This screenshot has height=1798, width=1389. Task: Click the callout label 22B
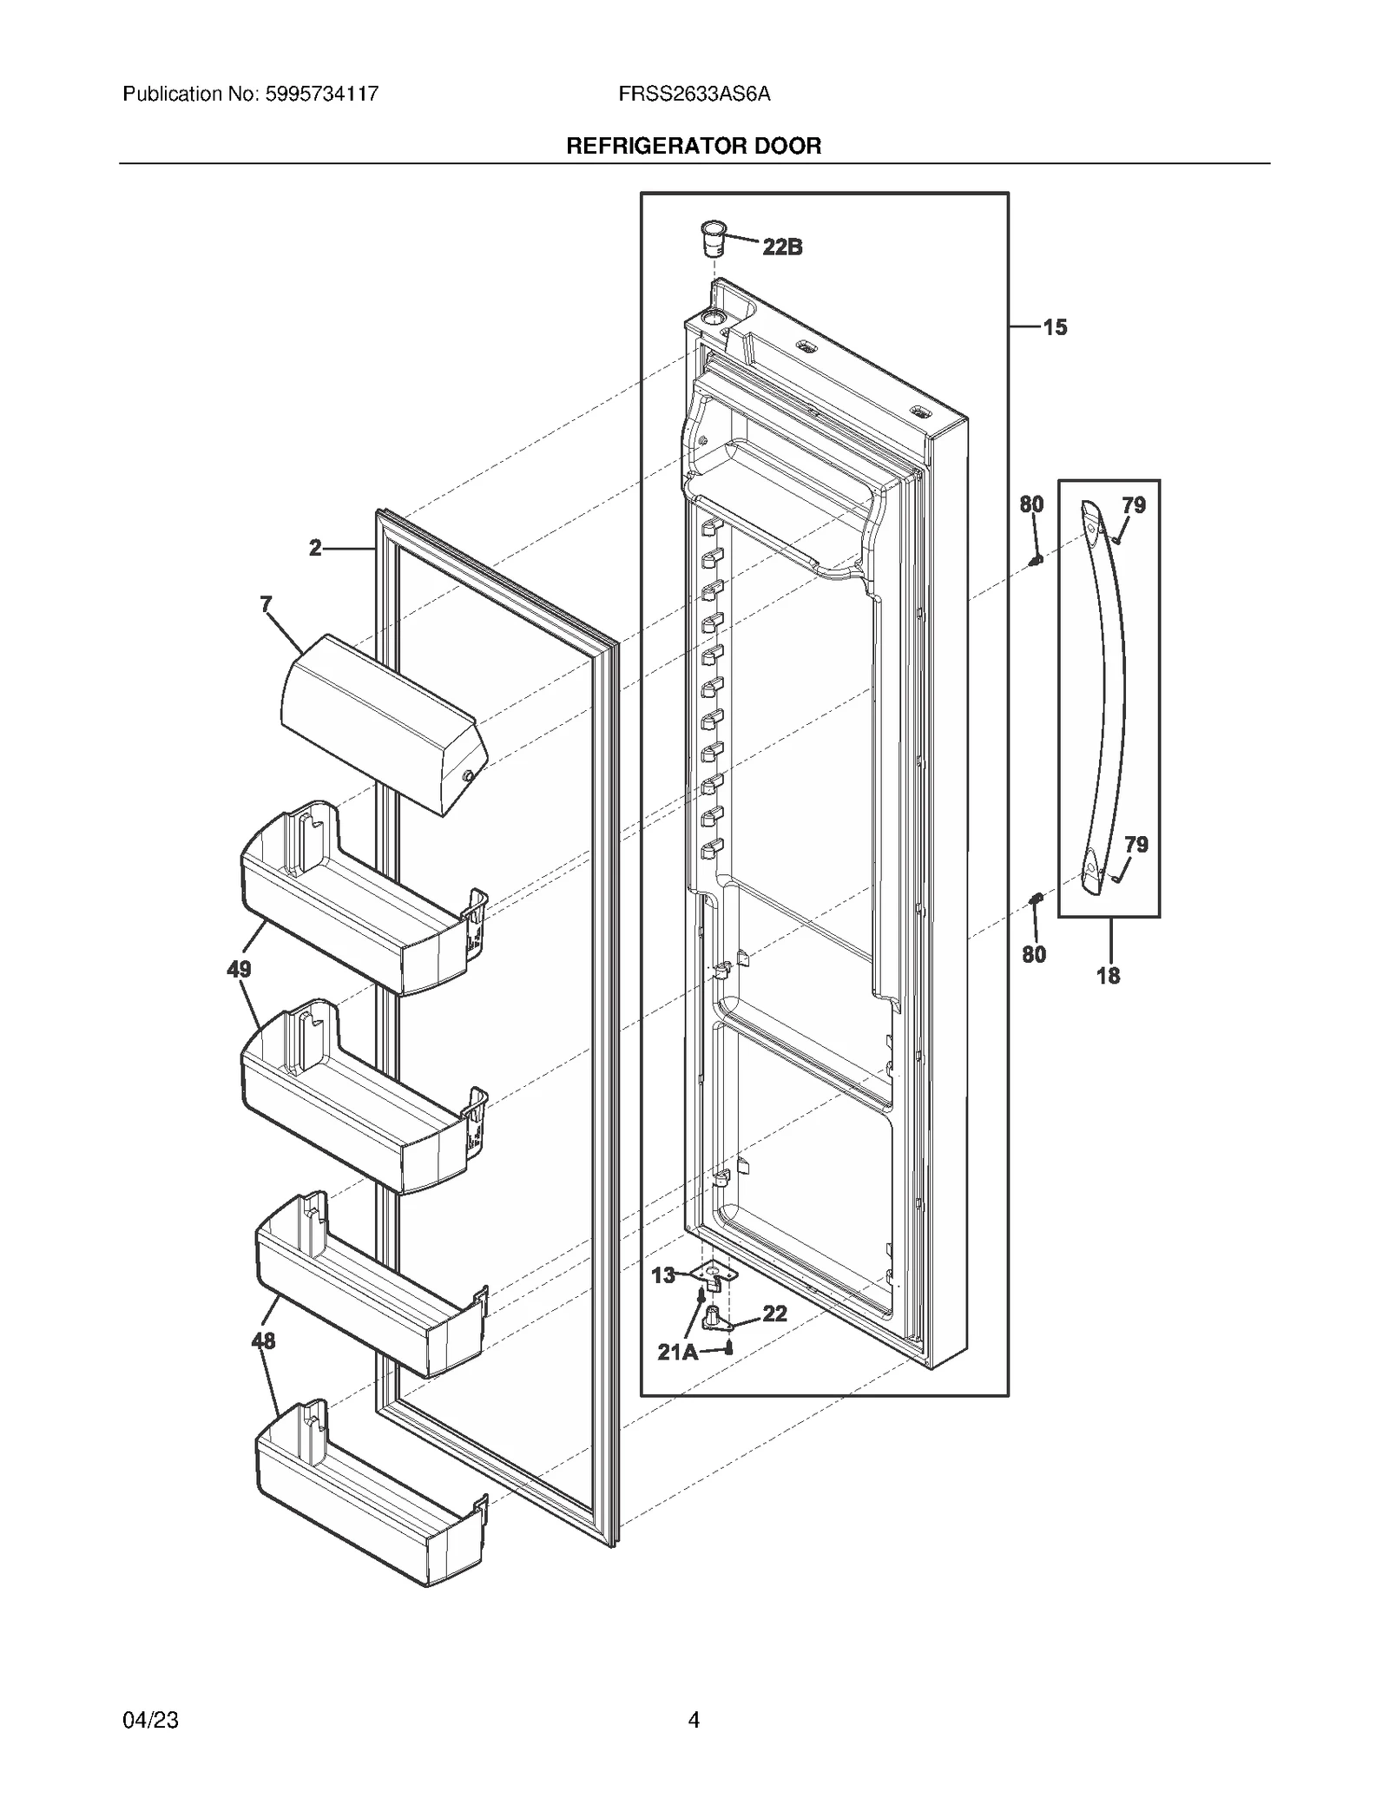pos(782,247)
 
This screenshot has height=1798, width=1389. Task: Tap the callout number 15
pos(1055,327)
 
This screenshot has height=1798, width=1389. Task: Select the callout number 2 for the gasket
pos(315,548)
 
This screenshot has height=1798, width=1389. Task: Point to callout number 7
pos(267,604)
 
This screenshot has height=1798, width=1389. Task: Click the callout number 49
pos(239,969)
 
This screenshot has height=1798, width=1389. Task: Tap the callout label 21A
pos(677,1352)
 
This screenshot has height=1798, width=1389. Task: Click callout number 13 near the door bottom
pos(663,1274)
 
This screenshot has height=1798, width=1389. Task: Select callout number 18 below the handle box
pos(1108,976)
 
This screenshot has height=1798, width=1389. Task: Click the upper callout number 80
pos(1031,504)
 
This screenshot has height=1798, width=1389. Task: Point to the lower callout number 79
pos(1136,844)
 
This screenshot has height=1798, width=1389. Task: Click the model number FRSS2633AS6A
pos(694,94)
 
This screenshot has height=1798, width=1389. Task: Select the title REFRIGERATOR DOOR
pos(694,146)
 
